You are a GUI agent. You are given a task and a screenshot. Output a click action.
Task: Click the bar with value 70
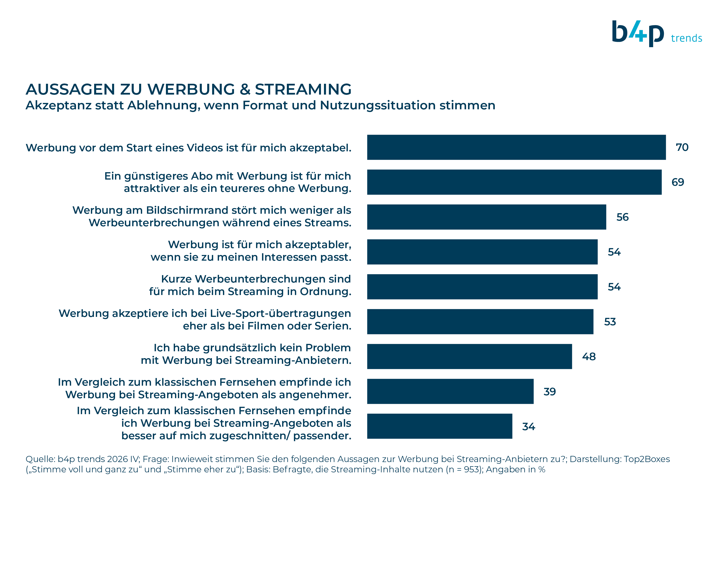[x=516, y=147]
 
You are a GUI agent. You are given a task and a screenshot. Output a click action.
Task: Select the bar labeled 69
[x=514, y=182]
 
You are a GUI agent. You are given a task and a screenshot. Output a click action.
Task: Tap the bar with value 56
[x=486, y=217]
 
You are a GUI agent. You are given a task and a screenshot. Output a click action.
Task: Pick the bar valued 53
[x=480, y=321]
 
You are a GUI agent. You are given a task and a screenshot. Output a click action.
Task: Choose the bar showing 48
[x=469, y=356]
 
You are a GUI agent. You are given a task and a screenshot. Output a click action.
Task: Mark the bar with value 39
[x=450, y=391]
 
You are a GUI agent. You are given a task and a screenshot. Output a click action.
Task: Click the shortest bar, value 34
[x=440, y=426]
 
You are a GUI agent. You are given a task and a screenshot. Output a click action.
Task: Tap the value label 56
[x=622, y=217]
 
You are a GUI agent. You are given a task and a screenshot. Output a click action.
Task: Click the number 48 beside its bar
[x=589, y=356]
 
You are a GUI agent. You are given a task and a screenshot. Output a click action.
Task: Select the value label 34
[x=529, y=426]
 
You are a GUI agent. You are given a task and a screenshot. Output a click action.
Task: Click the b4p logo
[x=638, y=33]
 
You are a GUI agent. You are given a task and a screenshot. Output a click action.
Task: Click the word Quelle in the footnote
[x=40, y=459]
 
